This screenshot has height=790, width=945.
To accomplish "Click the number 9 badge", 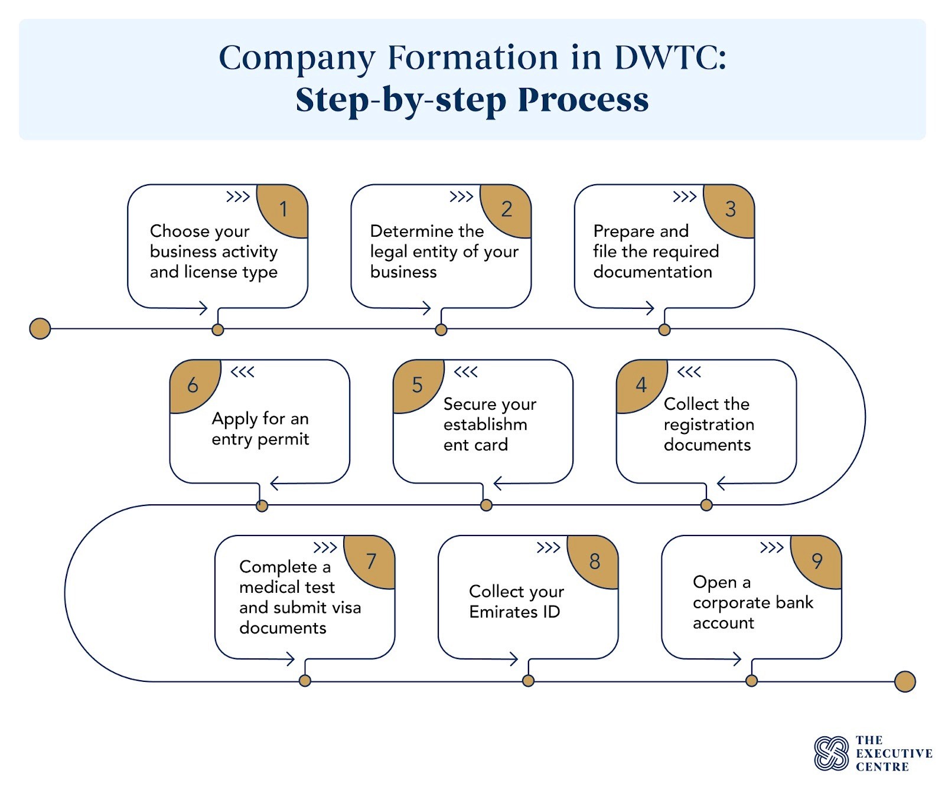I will click(x=818, y=560).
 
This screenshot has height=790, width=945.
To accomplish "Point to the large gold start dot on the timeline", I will click(x=40, y=328).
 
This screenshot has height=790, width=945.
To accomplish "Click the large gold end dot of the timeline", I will click(x=904, y=681).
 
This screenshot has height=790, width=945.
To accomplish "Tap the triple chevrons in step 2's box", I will click(x=461, y=197).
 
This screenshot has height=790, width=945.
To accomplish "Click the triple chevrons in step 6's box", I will click(x=242, y=372).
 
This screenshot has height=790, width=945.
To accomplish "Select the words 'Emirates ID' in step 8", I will click(x=514, y=612).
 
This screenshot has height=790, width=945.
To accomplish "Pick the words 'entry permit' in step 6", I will click(x=260, y=439).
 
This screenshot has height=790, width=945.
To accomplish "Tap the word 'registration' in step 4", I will click(x=708, y=425).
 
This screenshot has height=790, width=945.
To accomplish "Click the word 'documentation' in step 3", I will click(x=652, y=272).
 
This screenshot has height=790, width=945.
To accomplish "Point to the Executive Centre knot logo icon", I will click(x=831, y=753).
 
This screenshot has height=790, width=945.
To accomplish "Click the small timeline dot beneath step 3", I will click(x=664, y=329).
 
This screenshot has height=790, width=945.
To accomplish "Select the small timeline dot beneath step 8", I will click(x=528, y=681).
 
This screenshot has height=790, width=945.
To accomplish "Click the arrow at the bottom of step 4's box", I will click(x=722, y=484).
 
